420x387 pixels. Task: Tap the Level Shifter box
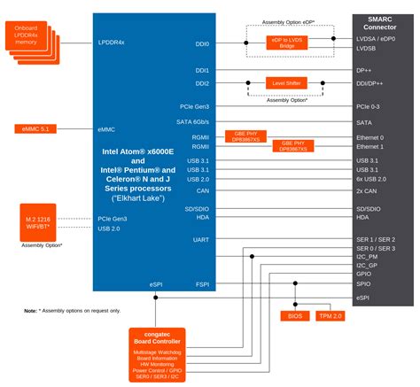[x=285, y=82]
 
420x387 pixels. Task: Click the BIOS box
[x=295, y=315]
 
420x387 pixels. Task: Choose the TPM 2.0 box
[x=331, y=315]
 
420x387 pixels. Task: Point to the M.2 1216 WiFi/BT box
[x=42, y=222]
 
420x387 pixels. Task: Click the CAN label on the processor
[x=203, y=190]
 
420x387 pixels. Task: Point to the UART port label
[x=200, y=239]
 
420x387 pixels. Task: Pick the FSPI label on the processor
[x=202, y=285]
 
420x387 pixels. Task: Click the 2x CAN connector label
[x=366, y=190]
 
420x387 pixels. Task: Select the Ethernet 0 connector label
[x=369, y=138]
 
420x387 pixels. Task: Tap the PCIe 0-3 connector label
[x=370, y=107]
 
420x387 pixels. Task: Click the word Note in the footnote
[x=31, y=312]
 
